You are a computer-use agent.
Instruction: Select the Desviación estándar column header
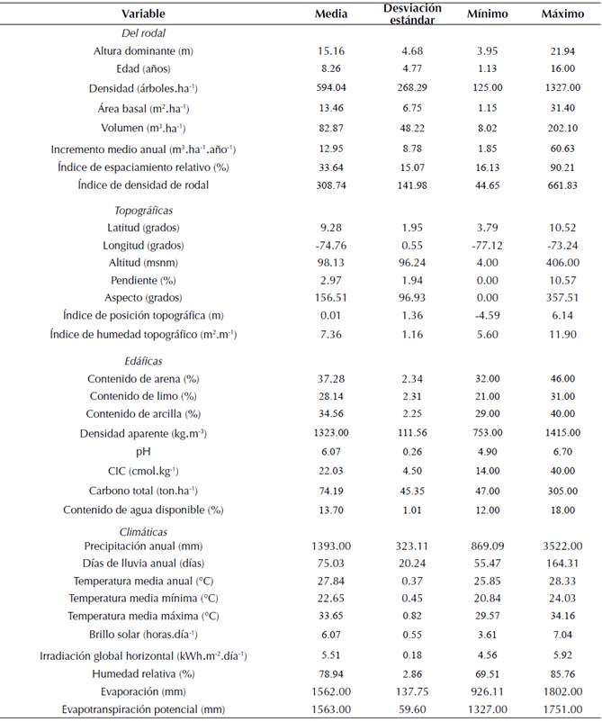point(411,14)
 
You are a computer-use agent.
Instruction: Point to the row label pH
point(138,453)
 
